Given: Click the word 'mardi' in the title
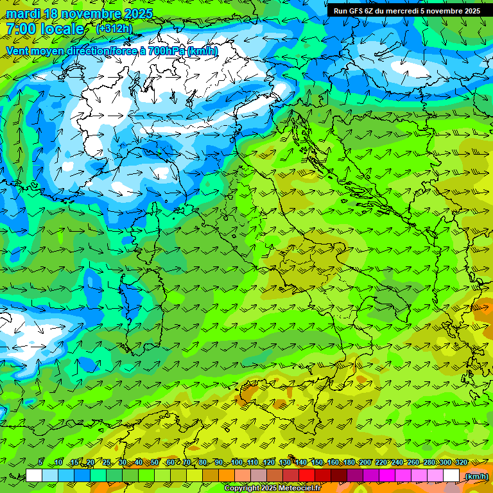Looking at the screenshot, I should coord(24,13).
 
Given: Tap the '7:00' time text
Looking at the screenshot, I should coord(21,30).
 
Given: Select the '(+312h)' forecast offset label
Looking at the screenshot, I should coord(114,29).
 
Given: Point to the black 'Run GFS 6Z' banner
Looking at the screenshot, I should coord(406,11).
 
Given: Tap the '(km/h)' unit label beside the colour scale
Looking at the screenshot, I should coord(476,476).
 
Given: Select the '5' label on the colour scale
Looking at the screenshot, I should coord(40,462).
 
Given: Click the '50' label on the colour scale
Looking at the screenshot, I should coord(155,462).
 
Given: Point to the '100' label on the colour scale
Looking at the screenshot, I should coord(236,462).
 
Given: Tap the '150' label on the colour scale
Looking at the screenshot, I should coord(317,462).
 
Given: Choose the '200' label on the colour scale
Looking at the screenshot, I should coord(365,462).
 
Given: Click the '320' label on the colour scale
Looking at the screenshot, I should coord(462,462).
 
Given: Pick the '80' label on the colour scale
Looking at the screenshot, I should coord(203,462).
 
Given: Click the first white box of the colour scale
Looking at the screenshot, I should coord(34,476).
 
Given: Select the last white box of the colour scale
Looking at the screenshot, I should coord(451,476).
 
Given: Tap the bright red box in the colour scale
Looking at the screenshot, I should coord(307,476).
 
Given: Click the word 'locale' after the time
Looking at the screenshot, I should coord(62,30).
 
